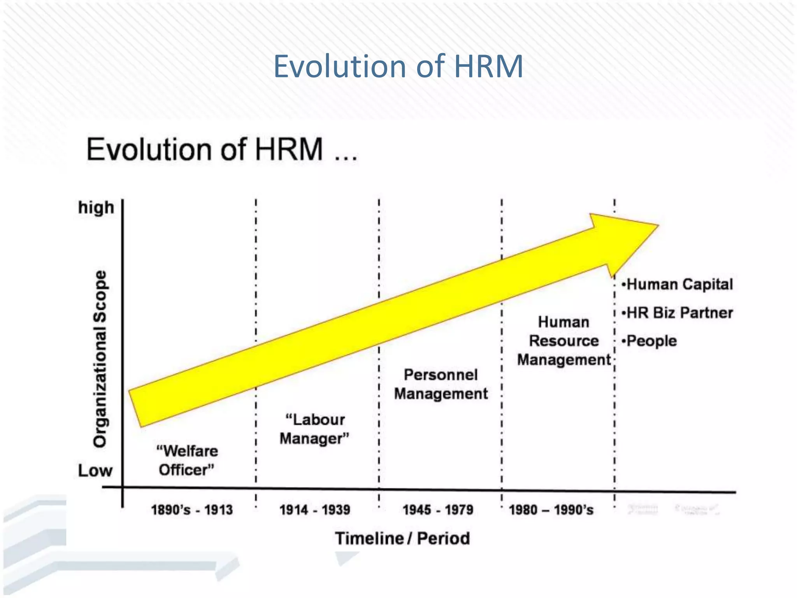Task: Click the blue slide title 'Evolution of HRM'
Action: tap(398, 66)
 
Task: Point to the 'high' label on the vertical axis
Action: tap(96, 208)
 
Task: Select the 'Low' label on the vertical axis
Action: tap(95, 471)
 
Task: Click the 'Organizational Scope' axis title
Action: tap(100, 359)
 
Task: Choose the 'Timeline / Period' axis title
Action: tap(402, 538)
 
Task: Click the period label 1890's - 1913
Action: tap(192, 510)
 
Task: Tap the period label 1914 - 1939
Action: tap(315, 510)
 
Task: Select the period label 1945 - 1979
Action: tap(438, 510)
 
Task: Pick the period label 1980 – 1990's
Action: tap(551, 510)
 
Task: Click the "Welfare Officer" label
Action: tap(187, 461)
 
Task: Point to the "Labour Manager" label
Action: tap(314, 429)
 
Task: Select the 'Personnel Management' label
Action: tap(441, 384)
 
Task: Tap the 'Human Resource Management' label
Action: tap(564, 341)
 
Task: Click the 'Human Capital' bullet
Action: tap(678, 284)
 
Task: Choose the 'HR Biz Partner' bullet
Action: tap(678, 313)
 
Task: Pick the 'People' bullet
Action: tap(650, 341)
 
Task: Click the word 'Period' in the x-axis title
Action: tap(443, 538)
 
